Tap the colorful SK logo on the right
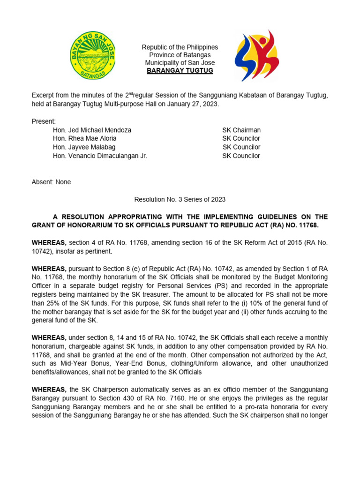(x=257, y=56)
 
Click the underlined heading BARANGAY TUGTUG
(x=180, y=71)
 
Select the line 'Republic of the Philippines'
(x=180, y=47)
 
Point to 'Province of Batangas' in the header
(x=180, y=55)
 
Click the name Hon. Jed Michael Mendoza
(x=92, y=130)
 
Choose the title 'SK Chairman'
(x=241, y=130)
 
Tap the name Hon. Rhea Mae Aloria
(x=85, y=138)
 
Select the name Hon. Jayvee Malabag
(x=84, y=147)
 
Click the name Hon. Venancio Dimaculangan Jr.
(x=100, y=156)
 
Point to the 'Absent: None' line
(x=51, y=182)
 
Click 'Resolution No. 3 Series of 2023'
(x=180, y=199)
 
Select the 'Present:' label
(x=44, y=121)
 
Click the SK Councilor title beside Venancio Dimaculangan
(x=241, y=156)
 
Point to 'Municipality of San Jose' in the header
(x=180, y=63)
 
